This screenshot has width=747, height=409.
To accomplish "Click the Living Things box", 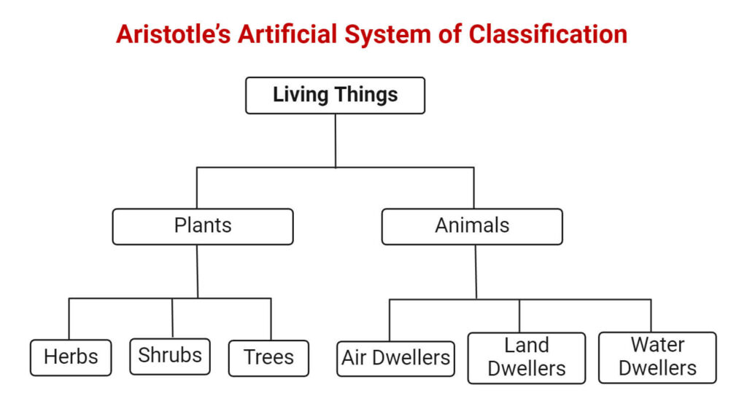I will [335, 96].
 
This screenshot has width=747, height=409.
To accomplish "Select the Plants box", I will [203, 226].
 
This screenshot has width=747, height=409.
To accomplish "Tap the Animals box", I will [472, 226].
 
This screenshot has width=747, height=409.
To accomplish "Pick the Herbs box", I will [71, 357].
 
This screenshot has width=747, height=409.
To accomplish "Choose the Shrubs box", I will [170, 356].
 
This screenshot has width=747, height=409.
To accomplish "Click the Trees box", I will [268, 358].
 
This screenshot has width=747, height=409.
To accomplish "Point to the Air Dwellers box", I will [395, 358].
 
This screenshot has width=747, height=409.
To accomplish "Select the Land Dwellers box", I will [526, 357].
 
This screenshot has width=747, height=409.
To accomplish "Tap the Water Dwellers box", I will [657, 357].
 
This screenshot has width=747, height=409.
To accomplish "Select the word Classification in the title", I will [548, 34].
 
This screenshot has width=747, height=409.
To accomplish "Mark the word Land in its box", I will [526, 346].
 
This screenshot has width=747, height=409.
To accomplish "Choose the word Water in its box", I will [657, 344].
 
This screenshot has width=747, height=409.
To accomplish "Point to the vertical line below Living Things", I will [336, 140].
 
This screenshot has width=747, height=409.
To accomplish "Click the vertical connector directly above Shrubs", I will [172, 318].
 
